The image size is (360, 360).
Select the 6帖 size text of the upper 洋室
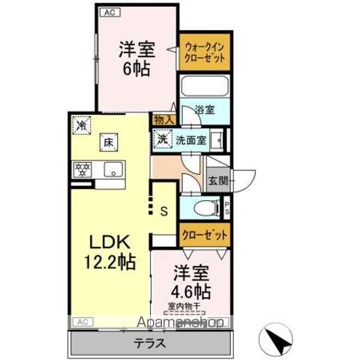click(137, 69)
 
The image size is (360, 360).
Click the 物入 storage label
click(164, 118)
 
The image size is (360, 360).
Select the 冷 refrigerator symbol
click(80, 127)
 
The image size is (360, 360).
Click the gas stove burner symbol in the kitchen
click(81, 168)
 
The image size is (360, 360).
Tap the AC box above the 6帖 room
click(108, 12)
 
